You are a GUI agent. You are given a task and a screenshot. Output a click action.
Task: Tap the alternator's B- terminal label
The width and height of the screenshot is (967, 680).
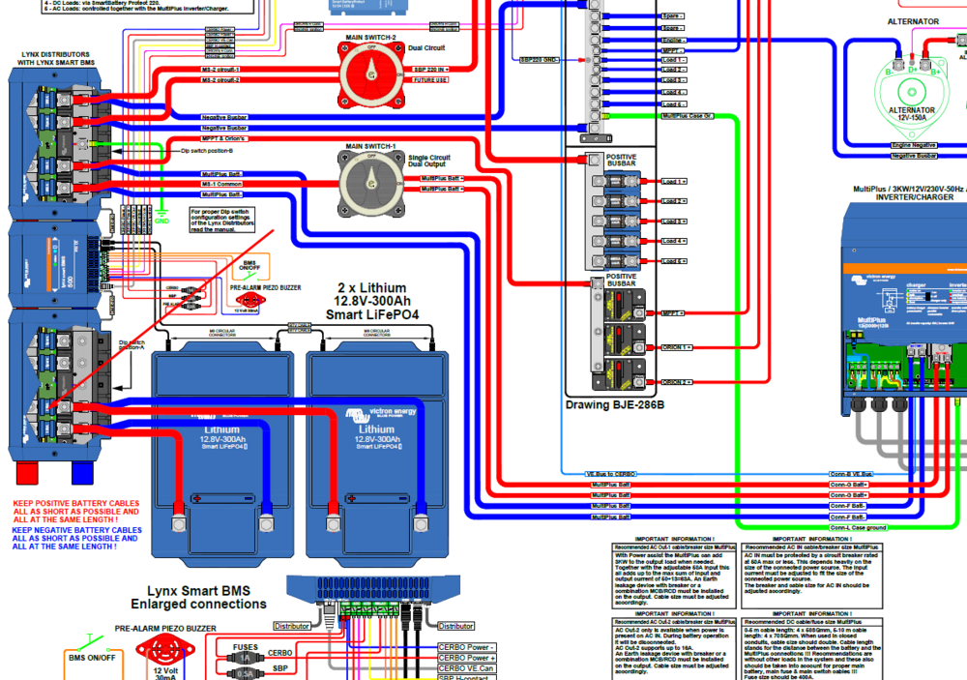(888, 72)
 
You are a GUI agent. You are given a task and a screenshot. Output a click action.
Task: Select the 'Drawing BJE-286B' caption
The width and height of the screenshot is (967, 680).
(615, 404)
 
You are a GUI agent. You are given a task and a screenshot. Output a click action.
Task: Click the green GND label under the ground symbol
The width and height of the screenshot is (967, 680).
(163, 220)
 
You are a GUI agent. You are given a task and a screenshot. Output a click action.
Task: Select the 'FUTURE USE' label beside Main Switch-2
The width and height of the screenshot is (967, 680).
(433, 81)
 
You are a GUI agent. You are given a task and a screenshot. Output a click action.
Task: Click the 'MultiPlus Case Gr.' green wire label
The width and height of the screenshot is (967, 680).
(688, 115)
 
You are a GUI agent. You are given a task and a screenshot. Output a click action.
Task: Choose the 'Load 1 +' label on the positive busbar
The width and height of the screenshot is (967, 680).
(674, 182)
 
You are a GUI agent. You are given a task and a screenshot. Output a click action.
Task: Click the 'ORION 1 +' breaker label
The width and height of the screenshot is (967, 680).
(676, 346)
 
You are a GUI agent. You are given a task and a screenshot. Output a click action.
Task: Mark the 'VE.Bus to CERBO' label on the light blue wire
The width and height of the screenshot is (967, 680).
(611, 474)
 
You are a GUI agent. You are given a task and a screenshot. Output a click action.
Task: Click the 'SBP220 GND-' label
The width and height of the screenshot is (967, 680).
(540, 60)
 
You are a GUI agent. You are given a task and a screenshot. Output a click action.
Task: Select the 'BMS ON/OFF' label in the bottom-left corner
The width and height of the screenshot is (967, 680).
(91, 657)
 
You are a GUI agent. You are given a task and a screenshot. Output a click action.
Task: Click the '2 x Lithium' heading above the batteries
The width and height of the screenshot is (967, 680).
(371, 288)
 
